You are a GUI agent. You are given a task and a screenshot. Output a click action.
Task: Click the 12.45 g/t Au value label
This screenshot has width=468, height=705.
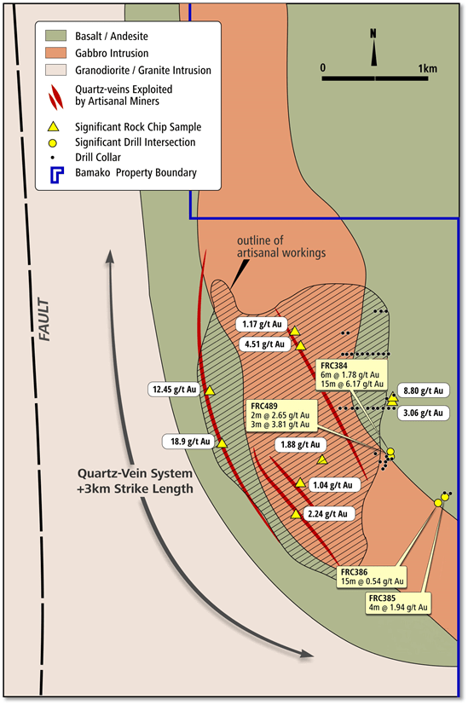coord(174,390)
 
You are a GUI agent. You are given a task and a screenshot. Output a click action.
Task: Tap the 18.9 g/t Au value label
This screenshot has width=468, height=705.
coord(190,442)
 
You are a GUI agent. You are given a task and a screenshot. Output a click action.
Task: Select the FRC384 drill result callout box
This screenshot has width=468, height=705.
coord(352,374)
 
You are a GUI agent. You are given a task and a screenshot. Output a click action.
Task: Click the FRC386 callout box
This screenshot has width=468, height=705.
coord(372,576)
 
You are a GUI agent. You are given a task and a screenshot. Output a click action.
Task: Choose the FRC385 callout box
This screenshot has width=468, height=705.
coord(398,603)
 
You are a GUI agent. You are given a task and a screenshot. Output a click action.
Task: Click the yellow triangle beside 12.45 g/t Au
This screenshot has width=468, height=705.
coord(210,390)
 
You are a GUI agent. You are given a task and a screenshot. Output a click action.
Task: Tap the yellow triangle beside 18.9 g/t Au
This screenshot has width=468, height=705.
coord(222,443)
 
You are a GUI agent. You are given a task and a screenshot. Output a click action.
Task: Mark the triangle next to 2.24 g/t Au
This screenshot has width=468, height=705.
coord(296,514)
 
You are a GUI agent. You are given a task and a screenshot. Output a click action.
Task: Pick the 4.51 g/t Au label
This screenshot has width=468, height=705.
coord(264,344)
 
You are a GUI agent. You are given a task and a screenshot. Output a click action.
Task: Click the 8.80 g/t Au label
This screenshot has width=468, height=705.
coord(423,390)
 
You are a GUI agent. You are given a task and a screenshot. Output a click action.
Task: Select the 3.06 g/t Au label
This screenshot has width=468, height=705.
coord(423,413)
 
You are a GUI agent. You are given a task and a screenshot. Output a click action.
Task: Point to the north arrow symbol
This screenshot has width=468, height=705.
coord(373,48)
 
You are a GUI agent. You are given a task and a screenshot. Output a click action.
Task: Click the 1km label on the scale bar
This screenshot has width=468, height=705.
coord(427,68)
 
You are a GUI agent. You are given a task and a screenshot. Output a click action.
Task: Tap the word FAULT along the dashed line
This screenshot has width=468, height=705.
coord(43,319)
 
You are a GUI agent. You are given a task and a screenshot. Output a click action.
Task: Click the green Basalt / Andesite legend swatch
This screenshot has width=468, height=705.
coord(55,36)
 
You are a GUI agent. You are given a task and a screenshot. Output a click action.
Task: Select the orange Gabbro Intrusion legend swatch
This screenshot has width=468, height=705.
coord(55,53)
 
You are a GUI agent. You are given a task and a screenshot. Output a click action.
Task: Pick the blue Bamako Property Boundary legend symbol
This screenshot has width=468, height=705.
coord(56,175)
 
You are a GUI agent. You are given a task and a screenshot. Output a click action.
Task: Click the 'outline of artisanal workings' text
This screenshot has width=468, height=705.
coord(281,246)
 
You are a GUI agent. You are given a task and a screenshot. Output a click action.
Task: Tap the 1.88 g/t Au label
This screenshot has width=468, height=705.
coord(300,445)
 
